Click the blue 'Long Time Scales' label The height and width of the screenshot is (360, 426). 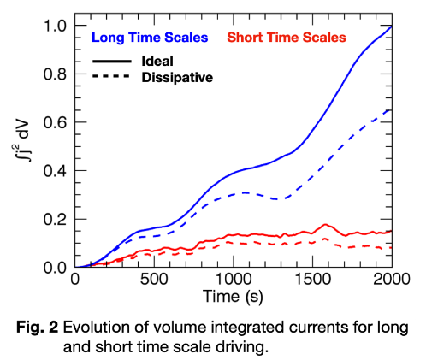coord(149,38)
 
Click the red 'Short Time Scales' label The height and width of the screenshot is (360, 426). coord(286,38)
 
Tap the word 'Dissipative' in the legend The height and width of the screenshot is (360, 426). coord(177,77)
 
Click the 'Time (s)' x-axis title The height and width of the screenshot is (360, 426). coord(233,298)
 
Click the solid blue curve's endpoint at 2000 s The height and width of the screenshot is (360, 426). coord(391,27)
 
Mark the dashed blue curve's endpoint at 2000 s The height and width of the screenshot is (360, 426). coord(391,109)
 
